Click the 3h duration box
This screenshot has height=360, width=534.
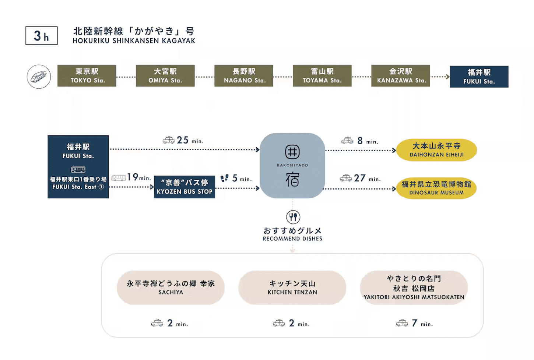tap(41, 36)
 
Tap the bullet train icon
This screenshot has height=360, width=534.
tap(39, 77)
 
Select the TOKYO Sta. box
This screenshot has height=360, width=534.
tap(87, 76)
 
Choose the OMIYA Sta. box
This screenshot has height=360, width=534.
tap(165, 76)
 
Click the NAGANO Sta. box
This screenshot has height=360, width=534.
tap(244, 76)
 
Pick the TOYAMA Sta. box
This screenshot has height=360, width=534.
tap(322, 76)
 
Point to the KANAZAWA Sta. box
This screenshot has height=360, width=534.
tap(401, 76)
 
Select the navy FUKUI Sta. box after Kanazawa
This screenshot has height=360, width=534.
tap(479, 77)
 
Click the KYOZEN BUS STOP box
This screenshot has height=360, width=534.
tap(185, 187)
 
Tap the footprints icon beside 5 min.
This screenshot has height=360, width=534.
tap(224, 178)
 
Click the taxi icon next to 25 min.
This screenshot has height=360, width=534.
tap(169, 140)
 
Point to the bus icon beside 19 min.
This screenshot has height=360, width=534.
tap(119, 178)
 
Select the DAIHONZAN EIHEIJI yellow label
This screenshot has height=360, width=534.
tap(436, 150)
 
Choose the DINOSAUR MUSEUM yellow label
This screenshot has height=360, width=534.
tap(436, 188)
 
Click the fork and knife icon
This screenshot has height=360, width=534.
tap(293, 217)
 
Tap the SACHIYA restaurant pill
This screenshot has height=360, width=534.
tap(171, 287)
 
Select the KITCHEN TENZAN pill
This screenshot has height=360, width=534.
tap(292, 287)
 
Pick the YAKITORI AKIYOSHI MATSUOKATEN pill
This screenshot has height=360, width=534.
tap(414, 287)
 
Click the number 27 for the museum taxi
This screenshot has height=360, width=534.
tap(360, 178)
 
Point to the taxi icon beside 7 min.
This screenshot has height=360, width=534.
tap(402, 323)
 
